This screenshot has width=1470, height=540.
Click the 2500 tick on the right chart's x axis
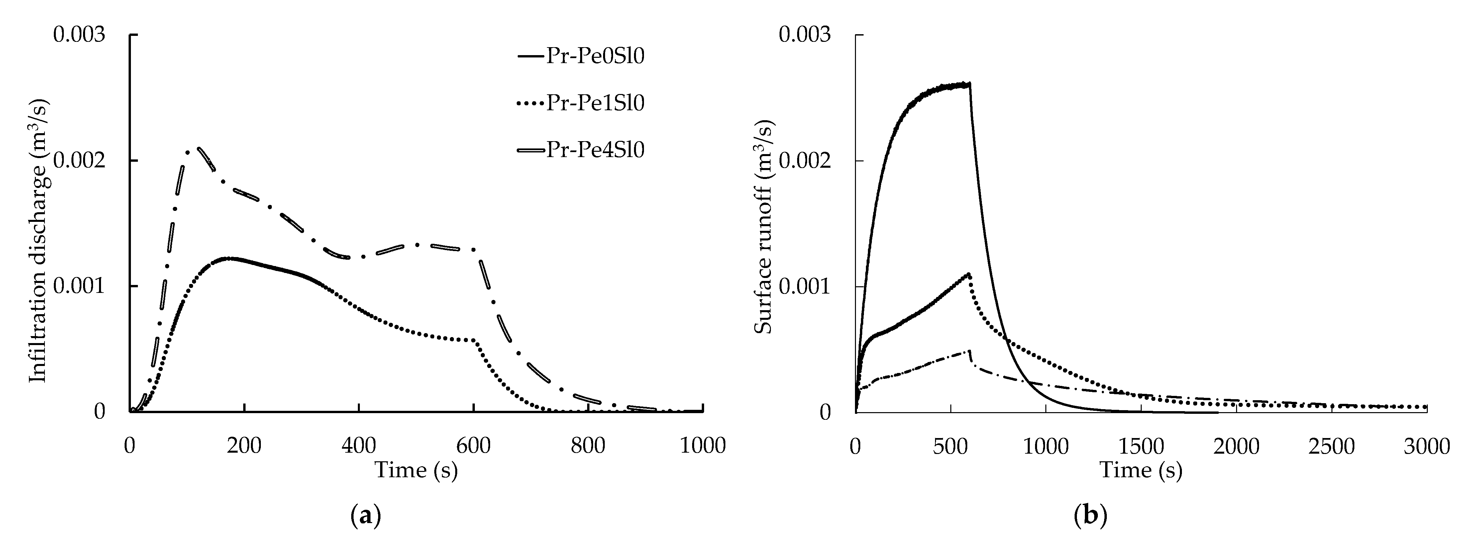coord(1331,446)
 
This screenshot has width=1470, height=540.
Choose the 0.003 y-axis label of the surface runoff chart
coord(805,35)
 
